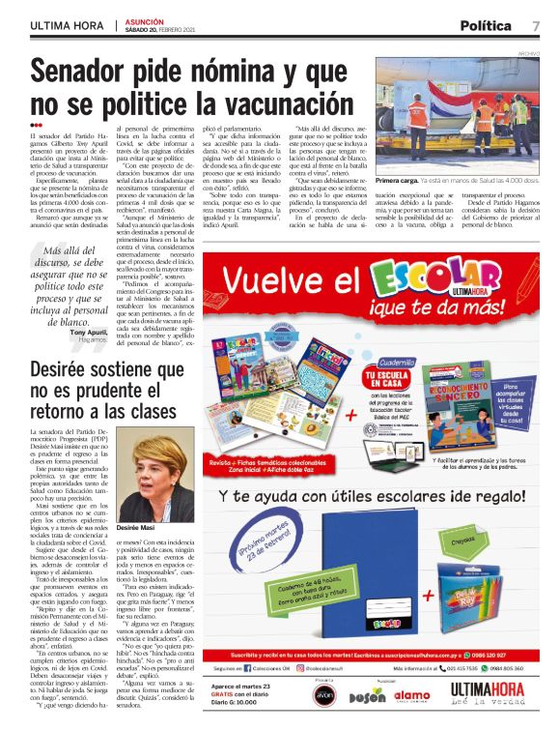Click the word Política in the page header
coord(485,25)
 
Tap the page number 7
coord(535,25)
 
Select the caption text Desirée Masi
coord(137,529)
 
